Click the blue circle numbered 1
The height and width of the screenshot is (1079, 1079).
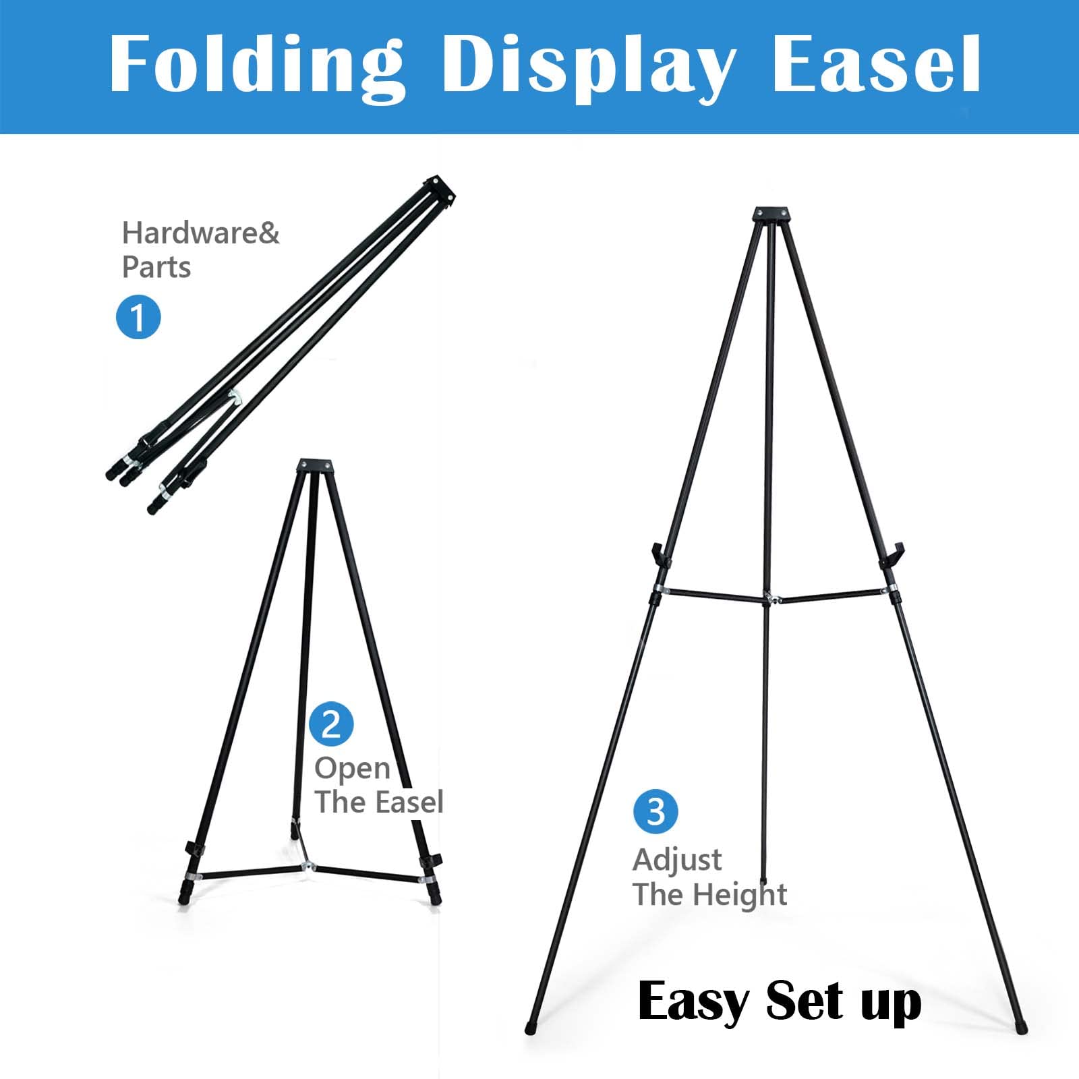coord(138,316)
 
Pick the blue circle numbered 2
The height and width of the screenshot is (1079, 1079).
coord(331,724)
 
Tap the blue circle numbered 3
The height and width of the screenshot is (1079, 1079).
coord(655,811)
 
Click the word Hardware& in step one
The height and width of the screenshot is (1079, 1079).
coord(200,233)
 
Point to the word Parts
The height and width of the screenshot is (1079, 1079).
coord(156,267)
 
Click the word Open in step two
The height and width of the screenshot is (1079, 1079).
coord(352,769)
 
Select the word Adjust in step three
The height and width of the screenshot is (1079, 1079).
coord(677,861)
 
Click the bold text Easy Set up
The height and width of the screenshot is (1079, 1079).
coord(779,1002)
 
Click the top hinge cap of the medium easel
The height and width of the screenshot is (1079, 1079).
coord(315,467)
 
